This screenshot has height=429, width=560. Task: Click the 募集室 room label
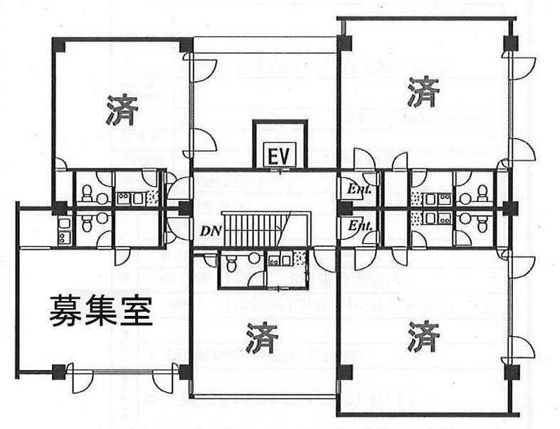pos(100,310)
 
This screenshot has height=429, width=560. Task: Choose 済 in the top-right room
pos(423,90)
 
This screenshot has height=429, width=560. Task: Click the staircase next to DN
pos(256,229)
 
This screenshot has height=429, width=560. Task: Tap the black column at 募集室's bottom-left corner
pos(59,370)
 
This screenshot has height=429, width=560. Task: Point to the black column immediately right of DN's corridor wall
pos(185,209)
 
